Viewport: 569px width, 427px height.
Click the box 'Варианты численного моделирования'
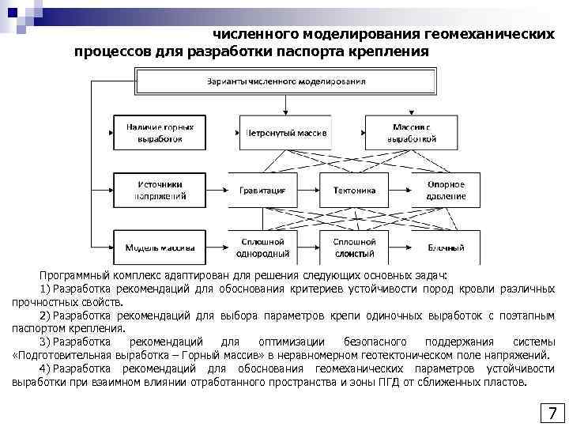(286, 81)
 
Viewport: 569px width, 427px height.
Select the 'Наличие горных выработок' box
(159, 132)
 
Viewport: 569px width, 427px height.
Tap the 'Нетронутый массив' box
(285, 132)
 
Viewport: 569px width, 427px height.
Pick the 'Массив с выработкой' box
(412, 132)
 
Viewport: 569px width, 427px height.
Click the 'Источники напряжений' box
(159, 190)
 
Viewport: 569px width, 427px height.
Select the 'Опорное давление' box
(446, 190)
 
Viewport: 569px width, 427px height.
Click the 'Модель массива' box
(159, 248)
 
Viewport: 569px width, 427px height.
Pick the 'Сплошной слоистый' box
(354, 248)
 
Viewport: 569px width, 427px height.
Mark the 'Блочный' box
(446, 248)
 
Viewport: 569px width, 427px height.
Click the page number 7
(552, 413)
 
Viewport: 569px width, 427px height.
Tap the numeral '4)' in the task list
(44, 368)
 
